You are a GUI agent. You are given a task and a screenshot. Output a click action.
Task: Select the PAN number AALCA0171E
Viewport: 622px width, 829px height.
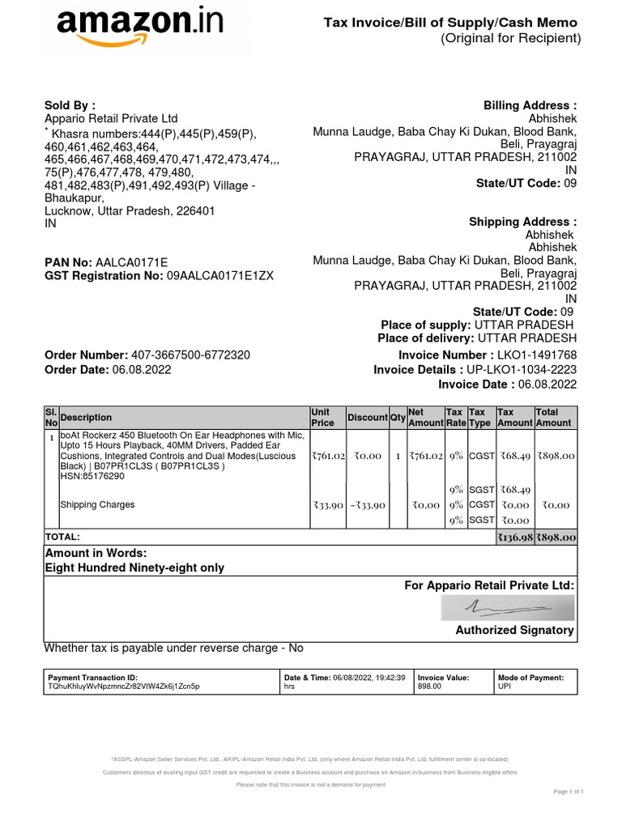[x=132, y=262]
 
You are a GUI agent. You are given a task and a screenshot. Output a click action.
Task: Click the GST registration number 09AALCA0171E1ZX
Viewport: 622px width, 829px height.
[x=219, y=276]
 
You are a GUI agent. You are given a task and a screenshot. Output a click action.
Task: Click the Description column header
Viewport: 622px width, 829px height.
[x=86, y=418]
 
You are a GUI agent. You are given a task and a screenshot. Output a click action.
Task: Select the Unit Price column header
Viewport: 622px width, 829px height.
[x=322, y=418]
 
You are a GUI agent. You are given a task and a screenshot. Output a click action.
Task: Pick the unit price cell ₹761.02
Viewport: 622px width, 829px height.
[x=328, y=456]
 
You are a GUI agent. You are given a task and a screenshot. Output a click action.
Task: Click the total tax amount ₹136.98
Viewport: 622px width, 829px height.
[x=514, y=538]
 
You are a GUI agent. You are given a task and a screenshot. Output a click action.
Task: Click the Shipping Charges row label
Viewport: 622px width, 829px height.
[x=97, y=505]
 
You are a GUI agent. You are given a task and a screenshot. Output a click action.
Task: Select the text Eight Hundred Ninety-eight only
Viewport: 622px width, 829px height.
[x=134, y=568]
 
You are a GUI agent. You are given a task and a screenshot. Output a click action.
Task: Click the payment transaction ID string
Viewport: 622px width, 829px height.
[x=124, y=686]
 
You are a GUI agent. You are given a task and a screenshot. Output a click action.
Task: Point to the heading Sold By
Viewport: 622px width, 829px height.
[x=70, y=105]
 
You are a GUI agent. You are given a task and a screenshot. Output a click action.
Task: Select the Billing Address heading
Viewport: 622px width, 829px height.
[x=530, y=105]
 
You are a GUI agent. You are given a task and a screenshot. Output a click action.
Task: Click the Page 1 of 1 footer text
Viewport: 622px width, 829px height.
[x=568, y=791]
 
